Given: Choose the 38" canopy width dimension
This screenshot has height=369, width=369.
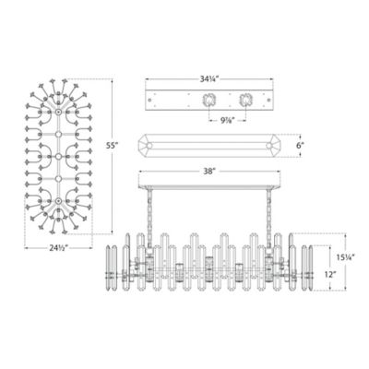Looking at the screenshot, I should (211, 172).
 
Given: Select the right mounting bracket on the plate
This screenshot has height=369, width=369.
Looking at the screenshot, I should (246, 100).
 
